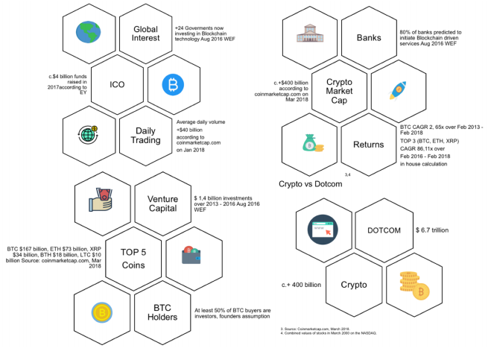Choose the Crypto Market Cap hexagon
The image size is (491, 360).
[341, 90]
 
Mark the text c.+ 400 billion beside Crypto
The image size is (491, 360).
[301, 285]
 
